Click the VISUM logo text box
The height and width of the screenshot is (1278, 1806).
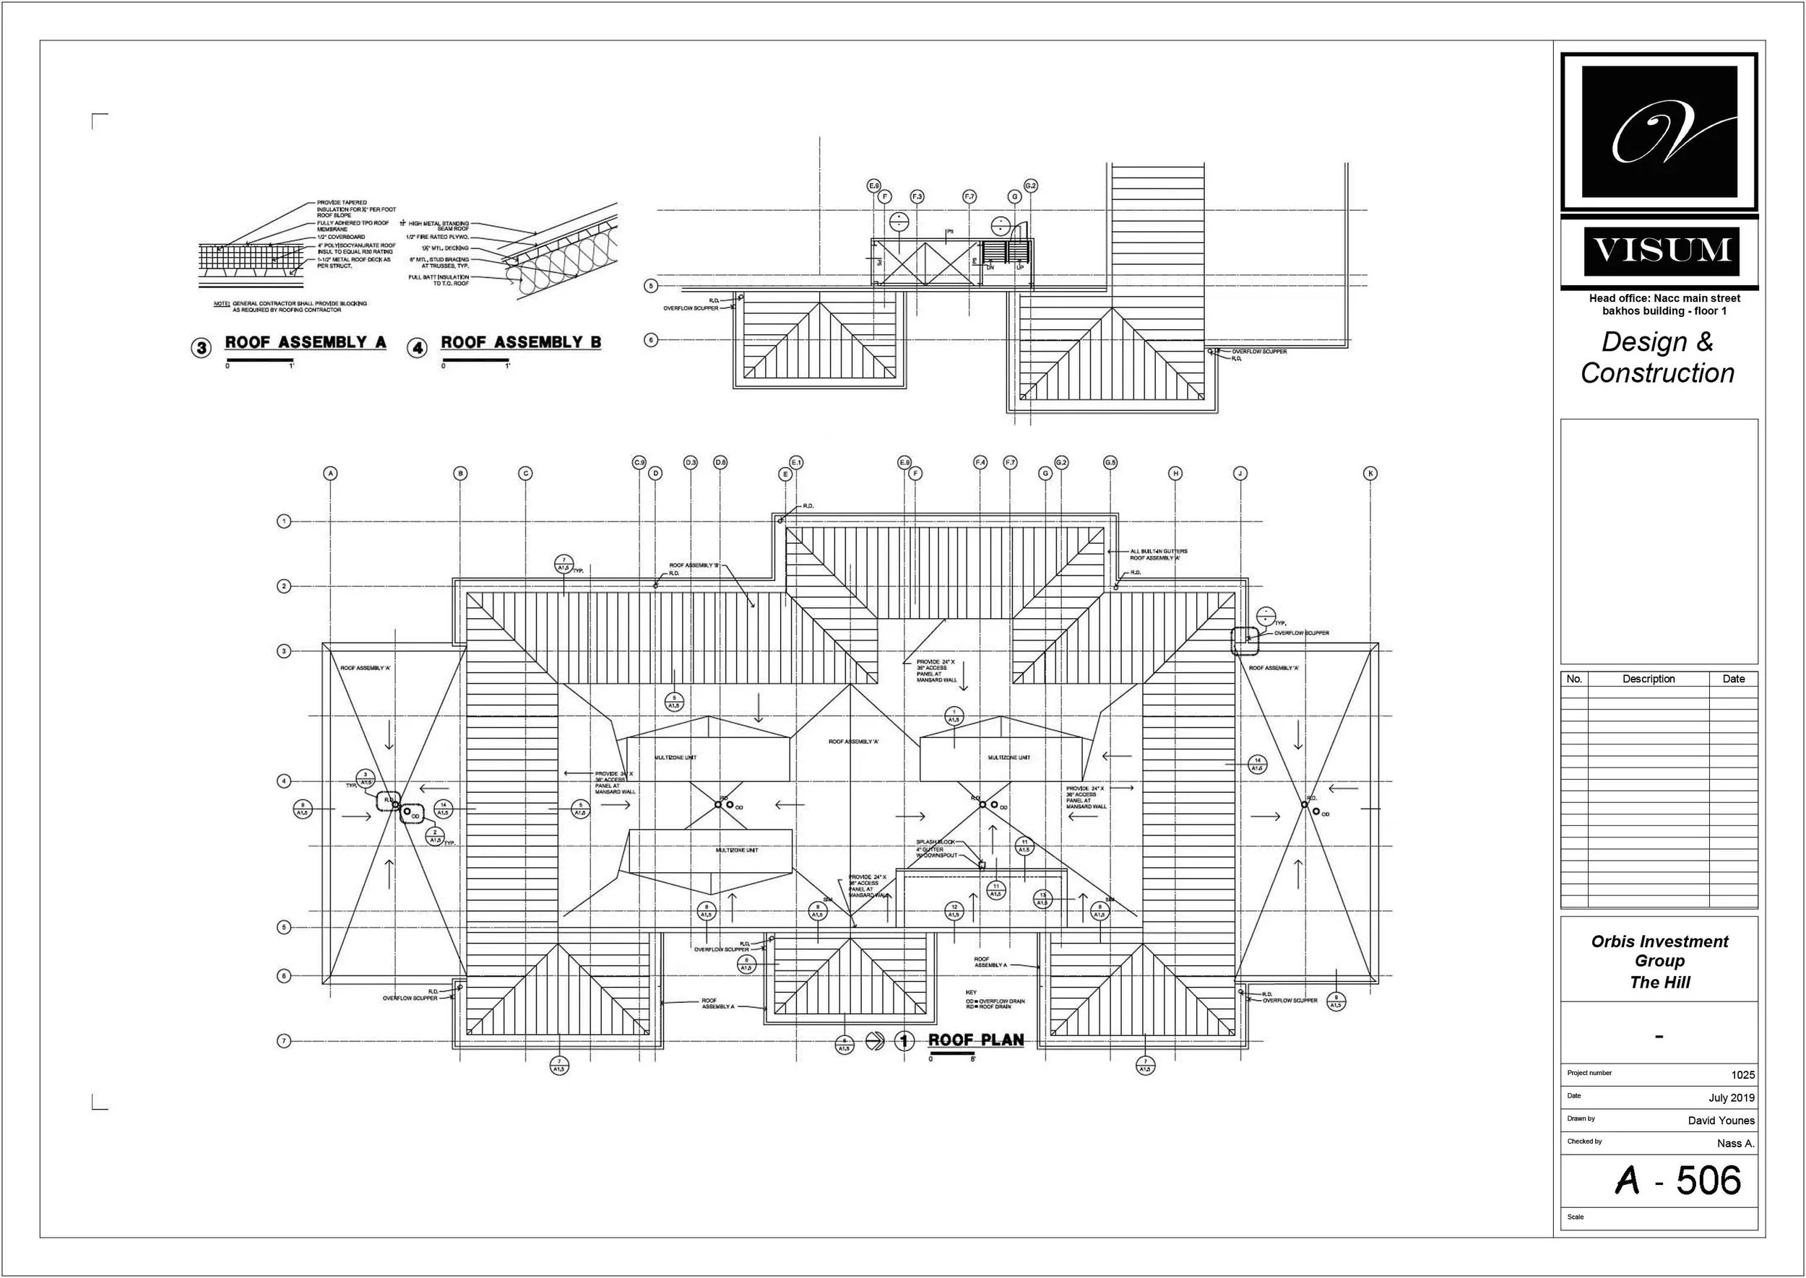1660,251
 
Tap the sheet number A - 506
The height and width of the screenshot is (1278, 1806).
1677,1181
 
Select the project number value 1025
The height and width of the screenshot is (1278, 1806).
1742,1075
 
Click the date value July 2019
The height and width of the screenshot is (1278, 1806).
1731,1097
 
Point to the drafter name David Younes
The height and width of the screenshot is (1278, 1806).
1721,1121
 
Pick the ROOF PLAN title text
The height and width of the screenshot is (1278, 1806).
975,1040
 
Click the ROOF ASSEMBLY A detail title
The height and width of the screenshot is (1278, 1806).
306,342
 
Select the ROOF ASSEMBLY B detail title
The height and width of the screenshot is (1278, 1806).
520,342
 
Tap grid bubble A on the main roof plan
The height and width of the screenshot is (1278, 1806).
331,474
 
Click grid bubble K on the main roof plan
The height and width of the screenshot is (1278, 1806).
1370,474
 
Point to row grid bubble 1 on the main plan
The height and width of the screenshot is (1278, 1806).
284,521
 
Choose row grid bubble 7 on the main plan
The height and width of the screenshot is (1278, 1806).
284,1041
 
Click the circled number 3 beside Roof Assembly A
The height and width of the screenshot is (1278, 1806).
202,347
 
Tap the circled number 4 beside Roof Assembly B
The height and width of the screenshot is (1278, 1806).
418,347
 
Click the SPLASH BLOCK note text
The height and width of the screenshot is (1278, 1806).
936,842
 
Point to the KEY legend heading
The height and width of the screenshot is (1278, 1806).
971,992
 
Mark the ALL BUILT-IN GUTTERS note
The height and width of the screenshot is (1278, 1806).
1158,552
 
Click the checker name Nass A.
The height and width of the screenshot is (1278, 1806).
1735,1144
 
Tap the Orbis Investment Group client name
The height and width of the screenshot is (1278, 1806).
1659,951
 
